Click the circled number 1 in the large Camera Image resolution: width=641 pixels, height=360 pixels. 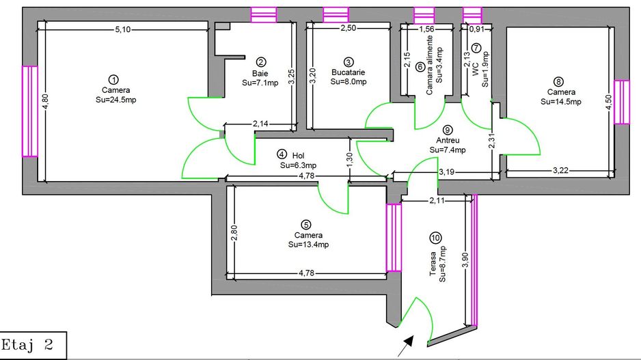coord(114,79)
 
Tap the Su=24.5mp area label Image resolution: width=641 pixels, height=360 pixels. coord(115,100)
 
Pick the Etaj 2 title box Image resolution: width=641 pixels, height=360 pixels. coord(33,344)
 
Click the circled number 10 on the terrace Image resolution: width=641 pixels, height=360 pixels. coord(435,238)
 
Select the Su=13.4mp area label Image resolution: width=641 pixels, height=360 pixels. coord(308,244)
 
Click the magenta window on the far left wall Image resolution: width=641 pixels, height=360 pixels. coord(29,111)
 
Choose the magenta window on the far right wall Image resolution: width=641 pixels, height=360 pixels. coord(621,102)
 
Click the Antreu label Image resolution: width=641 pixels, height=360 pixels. coord(447,140)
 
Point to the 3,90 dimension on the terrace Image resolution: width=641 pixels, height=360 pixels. coord(465,260)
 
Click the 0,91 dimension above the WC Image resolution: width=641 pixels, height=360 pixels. coord(477,29)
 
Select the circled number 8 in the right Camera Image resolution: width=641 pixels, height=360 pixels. coord(560,81)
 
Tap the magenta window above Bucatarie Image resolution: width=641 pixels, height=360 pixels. coord(335,14)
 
